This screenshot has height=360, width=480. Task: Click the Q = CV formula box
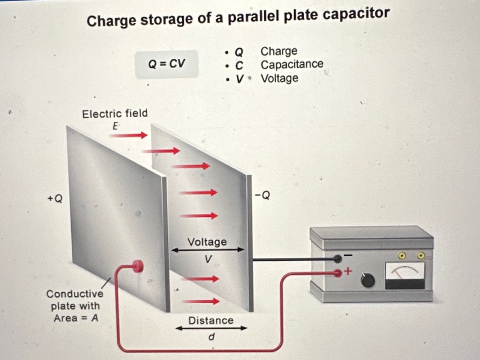(167, 64)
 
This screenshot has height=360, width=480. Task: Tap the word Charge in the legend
(279, 51)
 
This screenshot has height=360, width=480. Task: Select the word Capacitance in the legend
(292, 64)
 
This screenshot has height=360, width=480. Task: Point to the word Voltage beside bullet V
(280, 78)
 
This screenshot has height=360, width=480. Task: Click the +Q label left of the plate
(55, 198)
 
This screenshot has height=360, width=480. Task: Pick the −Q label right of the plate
(262, 195)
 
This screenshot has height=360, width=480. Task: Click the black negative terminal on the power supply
(338, 258)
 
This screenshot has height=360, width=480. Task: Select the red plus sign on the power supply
(348, 271)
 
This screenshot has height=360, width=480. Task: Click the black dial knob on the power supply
(367, 280)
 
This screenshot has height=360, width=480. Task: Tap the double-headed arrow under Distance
(211, 328)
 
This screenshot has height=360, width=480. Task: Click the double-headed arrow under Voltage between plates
(208, 249)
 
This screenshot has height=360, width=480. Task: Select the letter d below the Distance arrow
(212, 337)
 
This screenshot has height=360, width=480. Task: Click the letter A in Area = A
(95, 318)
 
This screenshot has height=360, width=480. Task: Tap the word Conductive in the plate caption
(75, 294)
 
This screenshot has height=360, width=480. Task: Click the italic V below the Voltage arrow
(208, 259)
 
